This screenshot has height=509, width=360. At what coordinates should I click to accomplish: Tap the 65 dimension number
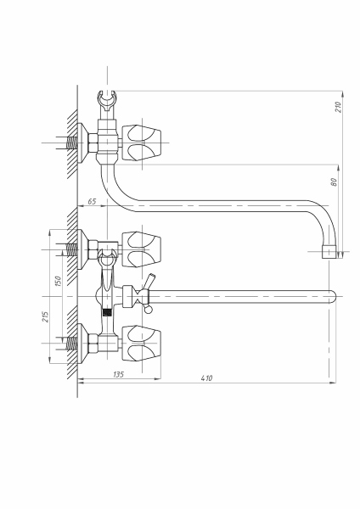(x=91, y=201)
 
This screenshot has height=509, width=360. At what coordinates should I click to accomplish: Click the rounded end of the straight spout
(x=331, y=296)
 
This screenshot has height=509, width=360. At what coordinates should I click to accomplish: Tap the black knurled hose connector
(x=106, y=313)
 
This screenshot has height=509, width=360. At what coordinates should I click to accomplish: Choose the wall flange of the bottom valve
(x=84, y=344)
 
